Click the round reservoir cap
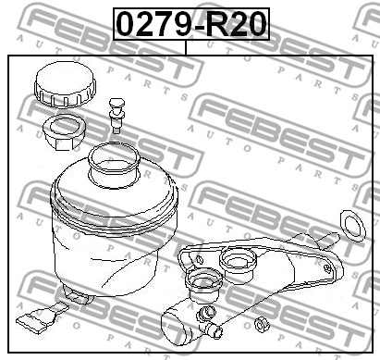click(x=65, y=84)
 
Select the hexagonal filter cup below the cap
click(x=65, y=131)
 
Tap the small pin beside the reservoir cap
click(x=116, y=116)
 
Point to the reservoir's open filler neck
click(x=114, y=166)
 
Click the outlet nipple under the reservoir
click(x=77, y=293)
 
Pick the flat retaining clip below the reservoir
click(x=43, y=317)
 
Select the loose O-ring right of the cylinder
click(x=353, y=226)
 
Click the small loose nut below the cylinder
click(x=262, y=325)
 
